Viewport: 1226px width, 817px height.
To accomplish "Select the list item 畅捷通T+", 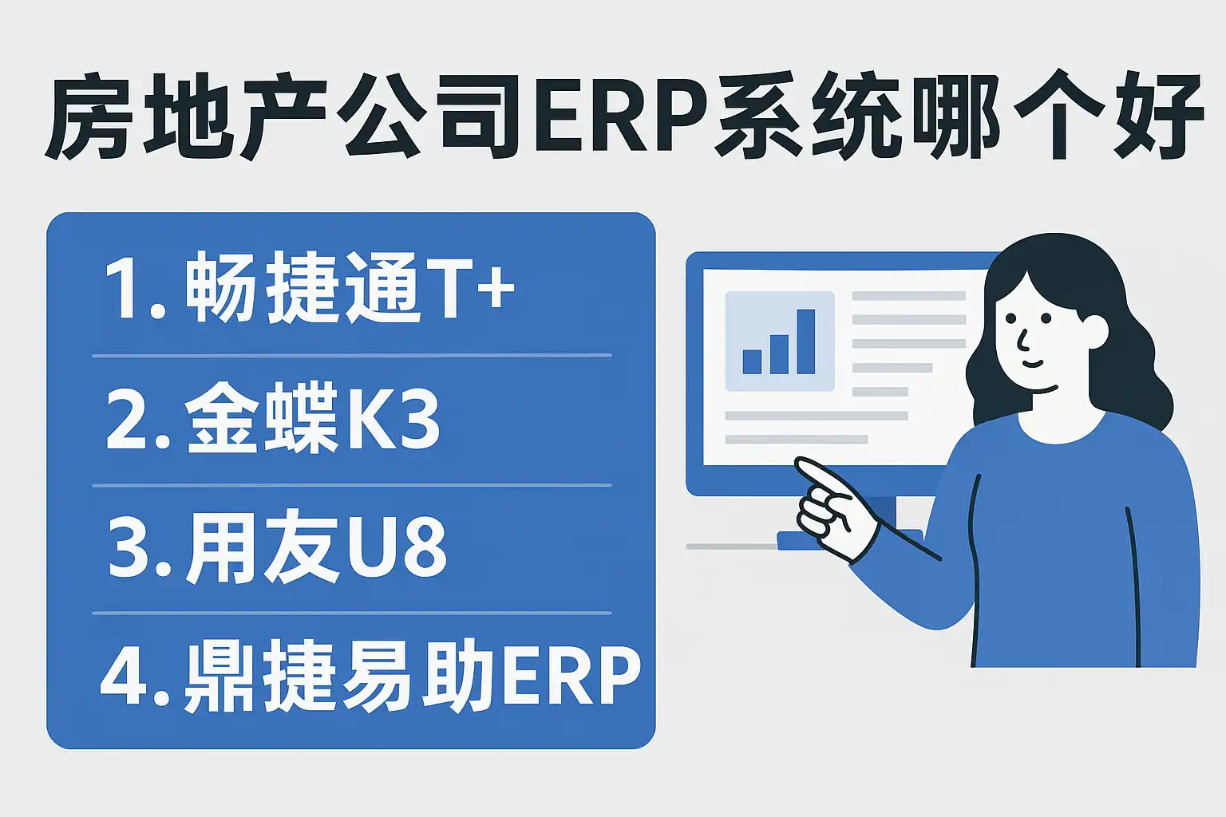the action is pos(310,287).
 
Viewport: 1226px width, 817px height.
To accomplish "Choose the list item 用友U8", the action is pos(277,547).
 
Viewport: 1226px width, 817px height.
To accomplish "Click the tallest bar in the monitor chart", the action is pos(805,341).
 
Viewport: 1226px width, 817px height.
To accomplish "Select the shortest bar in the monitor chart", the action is pos(752,361).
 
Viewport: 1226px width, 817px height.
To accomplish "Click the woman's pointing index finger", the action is pos(821,476).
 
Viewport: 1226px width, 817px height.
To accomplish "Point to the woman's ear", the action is pos(1093,332).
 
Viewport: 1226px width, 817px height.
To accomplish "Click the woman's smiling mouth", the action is pos(1033,363).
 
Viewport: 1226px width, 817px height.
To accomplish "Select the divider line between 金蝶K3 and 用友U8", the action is pos(351,485).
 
